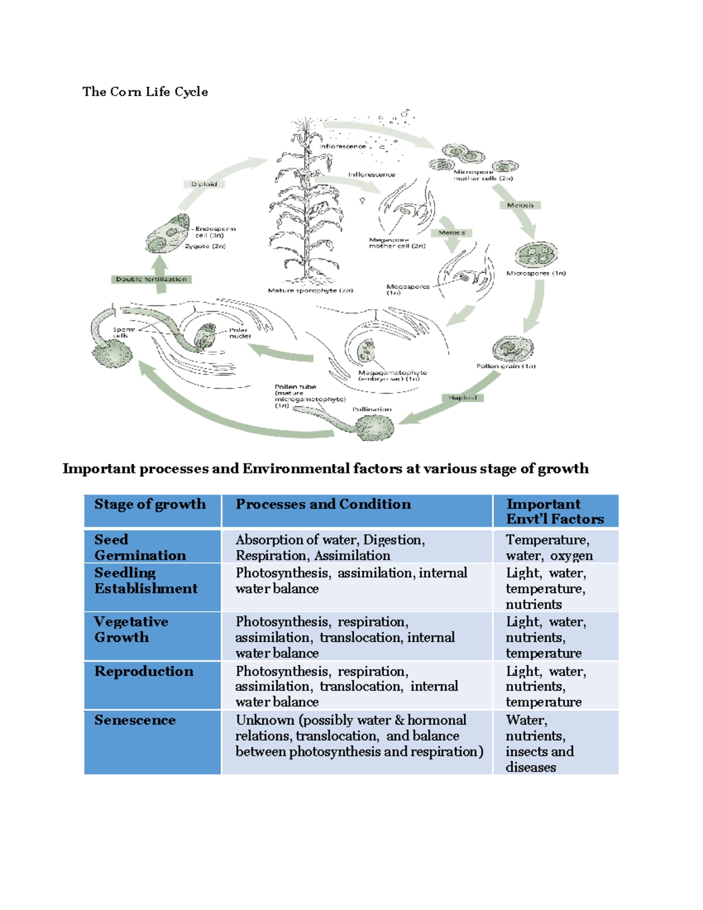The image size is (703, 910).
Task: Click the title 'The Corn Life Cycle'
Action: coord(145,91)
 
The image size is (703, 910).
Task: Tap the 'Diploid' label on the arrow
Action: coord(204,184)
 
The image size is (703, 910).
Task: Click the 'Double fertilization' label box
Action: coord(151,280)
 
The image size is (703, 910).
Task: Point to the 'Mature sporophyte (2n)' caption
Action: coord(310,291)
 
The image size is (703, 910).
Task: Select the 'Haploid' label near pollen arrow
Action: coord(463,398)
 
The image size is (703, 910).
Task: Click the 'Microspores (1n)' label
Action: coord(535,273)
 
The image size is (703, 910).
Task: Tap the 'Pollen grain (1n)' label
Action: coord(506,366)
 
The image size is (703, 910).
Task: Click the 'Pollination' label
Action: coord(372,409)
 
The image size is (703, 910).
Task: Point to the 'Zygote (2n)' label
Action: coord(205,246)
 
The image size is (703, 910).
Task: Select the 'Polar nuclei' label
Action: coord(240,333)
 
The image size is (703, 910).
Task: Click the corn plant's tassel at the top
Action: coord(306,126)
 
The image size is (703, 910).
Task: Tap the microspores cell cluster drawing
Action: coord(535,254)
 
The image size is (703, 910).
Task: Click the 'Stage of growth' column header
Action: coord(150,505)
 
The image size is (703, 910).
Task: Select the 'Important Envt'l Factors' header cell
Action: coord(554,512)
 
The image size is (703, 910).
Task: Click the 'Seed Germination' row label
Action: coord(140,547)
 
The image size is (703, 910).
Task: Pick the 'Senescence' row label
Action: coord(135,720)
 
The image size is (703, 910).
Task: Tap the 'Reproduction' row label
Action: coord(144,672)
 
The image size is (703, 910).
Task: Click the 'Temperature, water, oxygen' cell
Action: coord(549,547)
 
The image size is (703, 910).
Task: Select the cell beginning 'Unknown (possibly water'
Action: coord(359,736)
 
